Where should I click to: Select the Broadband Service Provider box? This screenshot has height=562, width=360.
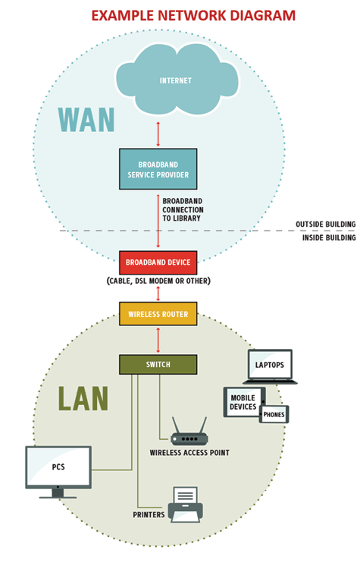point(158,168)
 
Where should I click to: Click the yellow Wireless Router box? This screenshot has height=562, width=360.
point(158,314)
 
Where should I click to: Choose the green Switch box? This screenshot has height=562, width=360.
point(158,364)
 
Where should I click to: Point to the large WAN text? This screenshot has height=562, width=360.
point(86,120)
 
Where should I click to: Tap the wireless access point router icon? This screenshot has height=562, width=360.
point(189,432)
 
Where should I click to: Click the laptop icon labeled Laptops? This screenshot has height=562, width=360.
point(271,366)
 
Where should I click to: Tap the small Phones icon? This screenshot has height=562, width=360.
point(274,414)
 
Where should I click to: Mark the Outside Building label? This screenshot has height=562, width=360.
point(325,224)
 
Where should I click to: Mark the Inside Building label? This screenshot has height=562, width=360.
point(327,238)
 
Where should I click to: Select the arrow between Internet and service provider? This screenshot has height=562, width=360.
point(158,132)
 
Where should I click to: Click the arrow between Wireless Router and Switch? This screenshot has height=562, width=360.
point(158,339)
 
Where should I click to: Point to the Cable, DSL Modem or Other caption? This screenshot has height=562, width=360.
point(158,281)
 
